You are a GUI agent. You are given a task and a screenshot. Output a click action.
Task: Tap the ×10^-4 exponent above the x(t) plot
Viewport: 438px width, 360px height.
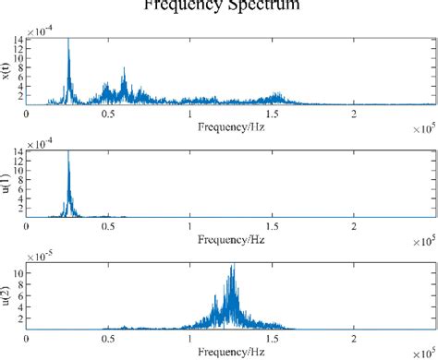point(41,31)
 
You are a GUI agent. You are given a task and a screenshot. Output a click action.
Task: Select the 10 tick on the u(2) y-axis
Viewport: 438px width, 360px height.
point(19,274)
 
